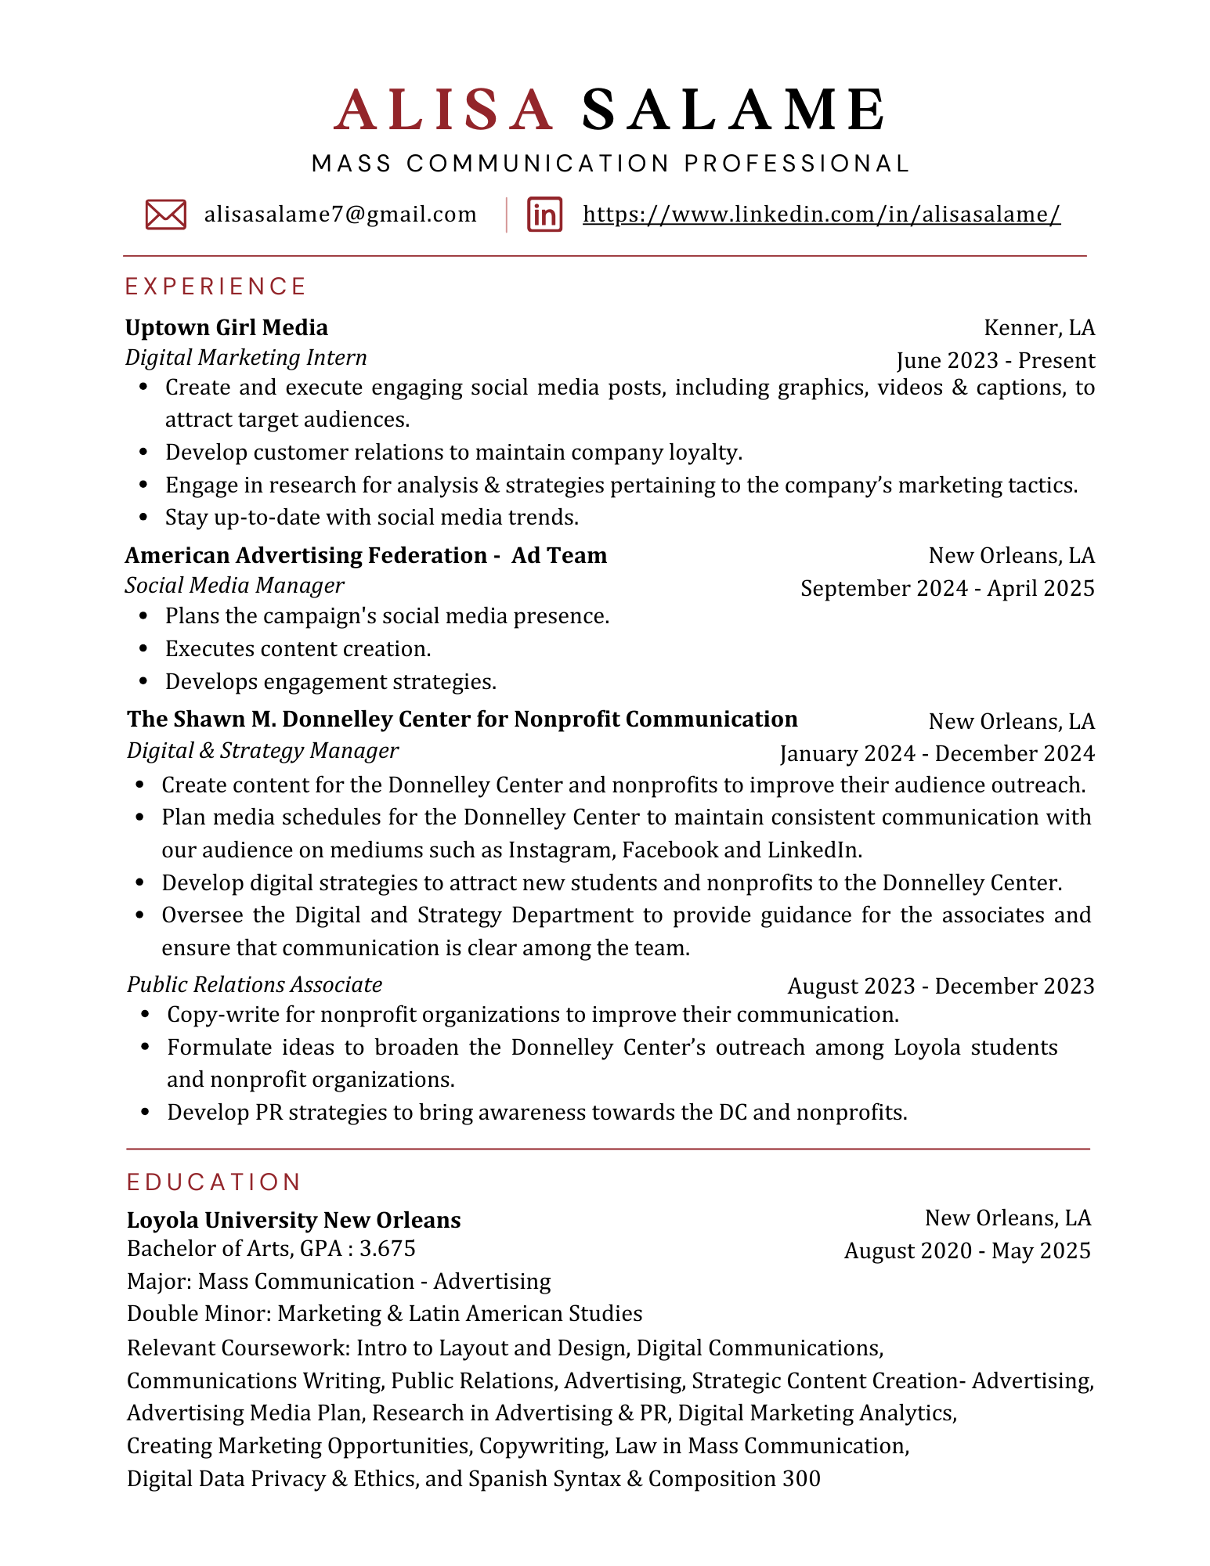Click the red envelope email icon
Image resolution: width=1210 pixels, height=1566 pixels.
tap(165, 215)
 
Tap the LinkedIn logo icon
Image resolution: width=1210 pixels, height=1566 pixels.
tap(544, 215)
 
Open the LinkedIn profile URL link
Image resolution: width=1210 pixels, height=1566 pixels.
tap(822, 215)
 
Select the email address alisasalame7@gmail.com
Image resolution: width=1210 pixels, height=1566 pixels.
tap(340, 215)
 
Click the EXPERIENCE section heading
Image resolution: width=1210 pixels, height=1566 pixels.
tap(215, 287)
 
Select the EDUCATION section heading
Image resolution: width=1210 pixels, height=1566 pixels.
tap(214, 1182)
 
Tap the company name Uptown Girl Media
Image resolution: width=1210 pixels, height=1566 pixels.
tap(226, 327)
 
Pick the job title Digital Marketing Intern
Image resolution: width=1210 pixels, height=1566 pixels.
tap(246, 358)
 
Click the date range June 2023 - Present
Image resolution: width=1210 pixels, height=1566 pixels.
tap(995, 361)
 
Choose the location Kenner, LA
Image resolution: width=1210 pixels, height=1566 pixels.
tap(1038, 327)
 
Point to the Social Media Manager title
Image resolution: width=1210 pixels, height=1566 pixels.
tap(234, 586)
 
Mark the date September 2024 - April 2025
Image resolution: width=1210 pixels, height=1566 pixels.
tap(947, 589)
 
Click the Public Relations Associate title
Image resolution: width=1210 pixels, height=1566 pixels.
tap(255, 985)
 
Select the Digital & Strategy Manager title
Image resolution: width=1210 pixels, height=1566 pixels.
tap(262, 751)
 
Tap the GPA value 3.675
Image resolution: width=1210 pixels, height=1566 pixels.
tap(387, 1248)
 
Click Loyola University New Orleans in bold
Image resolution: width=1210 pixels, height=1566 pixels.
tap(294, 1220)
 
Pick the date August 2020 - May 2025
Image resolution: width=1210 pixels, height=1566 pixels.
tap(966, 1251)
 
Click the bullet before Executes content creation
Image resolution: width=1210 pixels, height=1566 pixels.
tap(143, 649)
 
